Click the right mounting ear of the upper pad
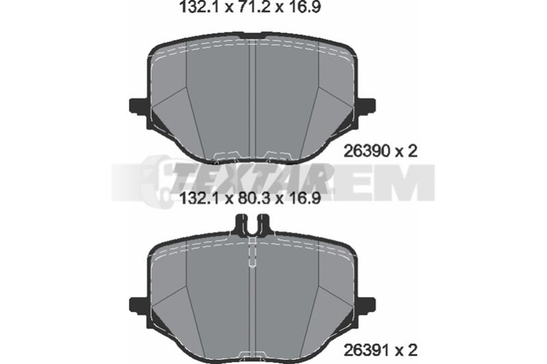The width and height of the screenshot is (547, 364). point(366,105)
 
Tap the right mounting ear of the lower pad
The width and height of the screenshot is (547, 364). point(366,305)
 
